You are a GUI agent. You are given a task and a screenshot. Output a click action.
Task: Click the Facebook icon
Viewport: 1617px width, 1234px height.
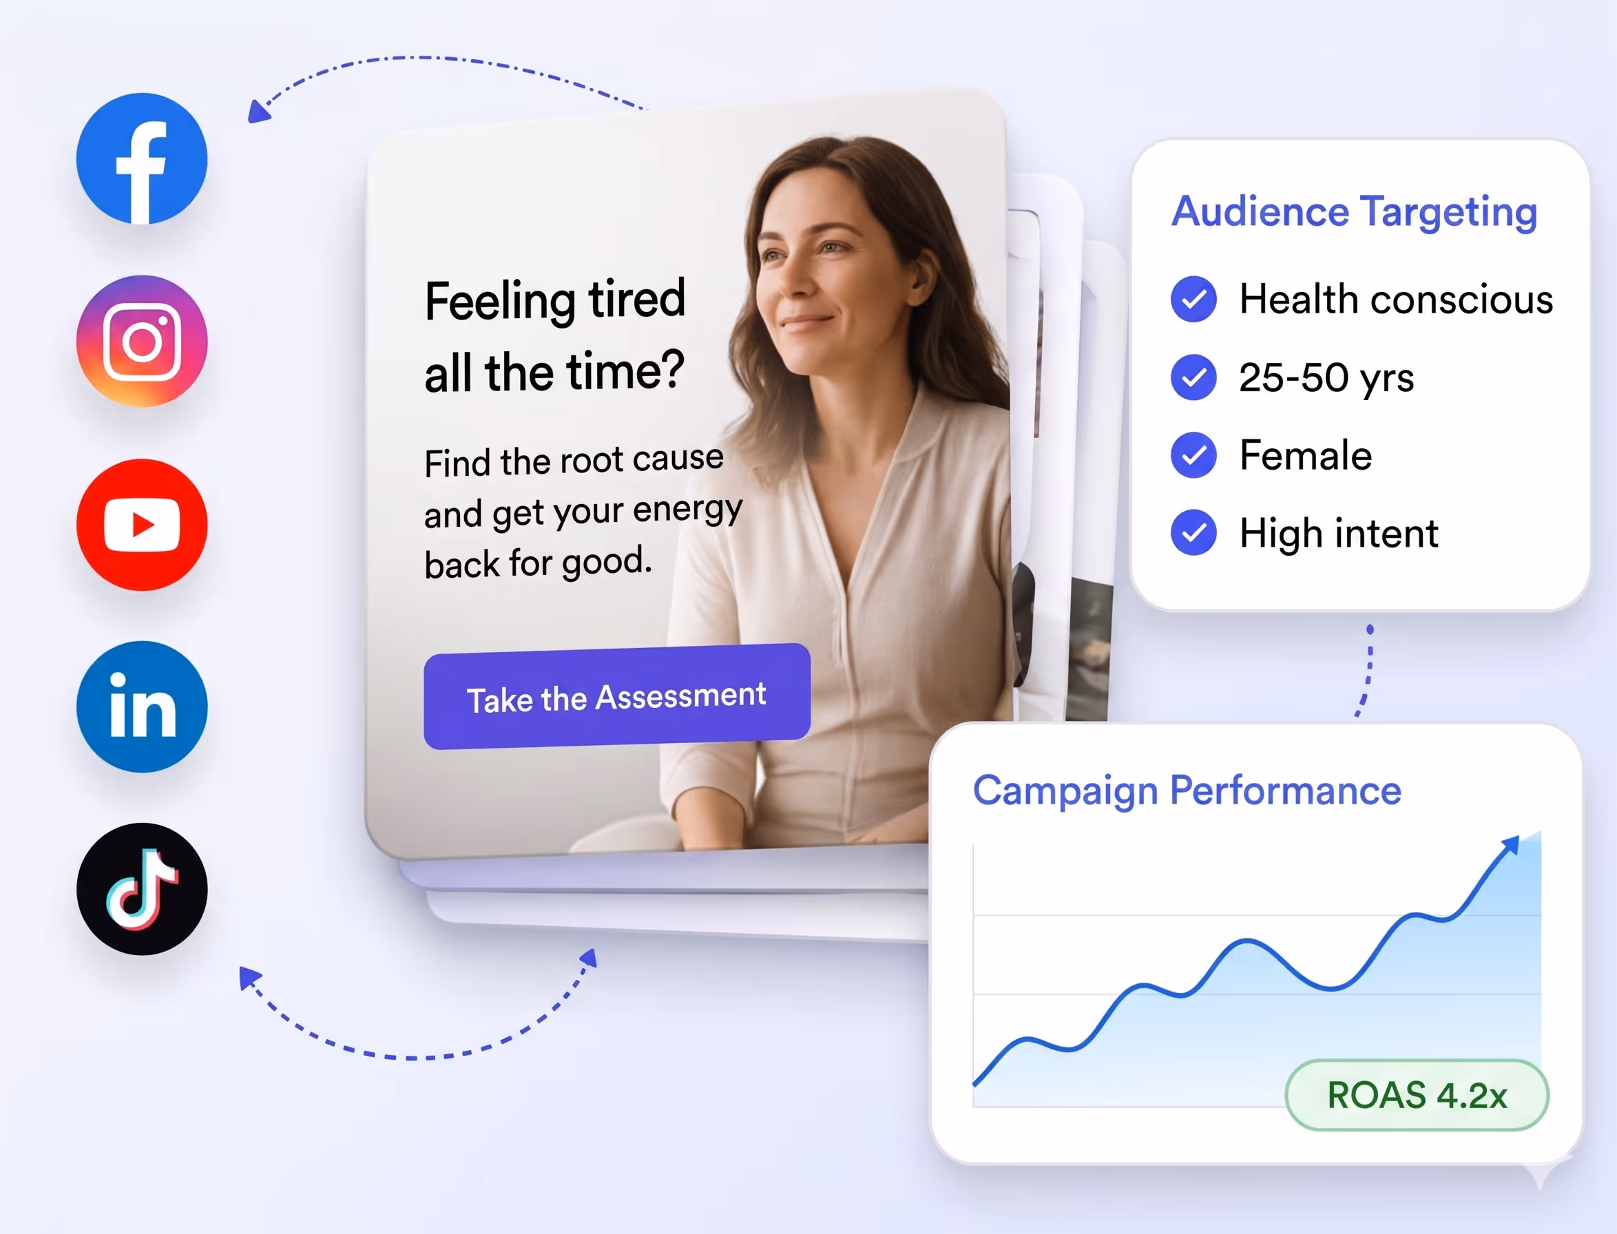142,158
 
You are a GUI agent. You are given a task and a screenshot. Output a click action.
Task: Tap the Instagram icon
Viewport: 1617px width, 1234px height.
142,342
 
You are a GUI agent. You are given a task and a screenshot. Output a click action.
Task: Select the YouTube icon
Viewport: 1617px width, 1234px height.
142,525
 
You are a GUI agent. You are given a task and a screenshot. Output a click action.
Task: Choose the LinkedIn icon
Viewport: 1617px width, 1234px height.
142,707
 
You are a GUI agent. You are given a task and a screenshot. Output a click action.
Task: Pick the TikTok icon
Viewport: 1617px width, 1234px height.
142,889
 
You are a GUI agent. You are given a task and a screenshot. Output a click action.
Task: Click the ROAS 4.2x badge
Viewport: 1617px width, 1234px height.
1417,1095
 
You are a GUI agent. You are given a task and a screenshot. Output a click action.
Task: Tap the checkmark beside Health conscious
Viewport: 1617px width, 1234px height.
1193,299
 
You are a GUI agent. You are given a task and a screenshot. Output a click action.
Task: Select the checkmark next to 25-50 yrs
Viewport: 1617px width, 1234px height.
1193,377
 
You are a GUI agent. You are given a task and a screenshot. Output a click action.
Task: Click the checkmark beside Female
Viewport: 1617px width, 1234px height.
1193,455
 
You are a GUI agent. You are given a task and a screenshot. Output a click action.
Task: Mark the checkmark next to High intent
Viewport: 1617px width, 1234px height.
1193,532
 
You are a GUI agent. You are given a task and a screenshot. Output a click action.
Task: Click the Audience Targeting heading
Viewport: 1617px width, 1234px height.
1354,212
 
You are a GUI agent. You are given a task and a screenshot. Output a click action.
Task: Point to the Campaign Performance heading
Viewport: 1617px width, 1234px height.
1187,791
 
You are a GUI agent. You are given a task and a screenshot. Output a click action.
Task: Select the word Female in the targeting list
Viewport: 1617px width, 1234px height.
1306,455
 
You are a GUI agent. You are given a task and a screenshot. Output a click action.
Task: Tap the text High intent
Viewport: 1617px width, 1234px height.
1339,533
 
